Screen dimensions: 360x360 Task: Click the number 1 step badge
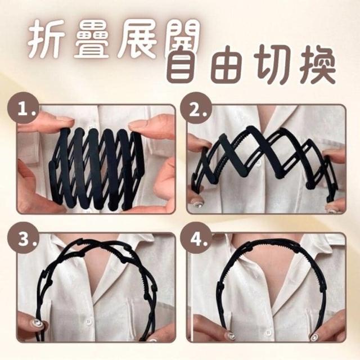point(22,107)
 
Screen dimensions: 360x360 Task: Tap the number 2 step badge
point(195,107)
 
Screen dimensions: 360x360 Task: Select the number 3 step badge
point(22,238)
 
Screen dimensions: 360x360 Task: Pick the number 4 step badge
point(195,238)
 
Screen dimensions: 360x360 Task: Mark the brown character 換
point(318,65)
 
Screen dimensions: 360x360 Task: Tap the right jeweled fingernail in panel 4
point(314,337)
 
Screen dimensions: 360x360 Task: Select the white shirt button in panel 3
point(89,322)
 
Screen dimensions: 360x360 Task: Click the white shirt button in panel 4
point(268,332)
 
